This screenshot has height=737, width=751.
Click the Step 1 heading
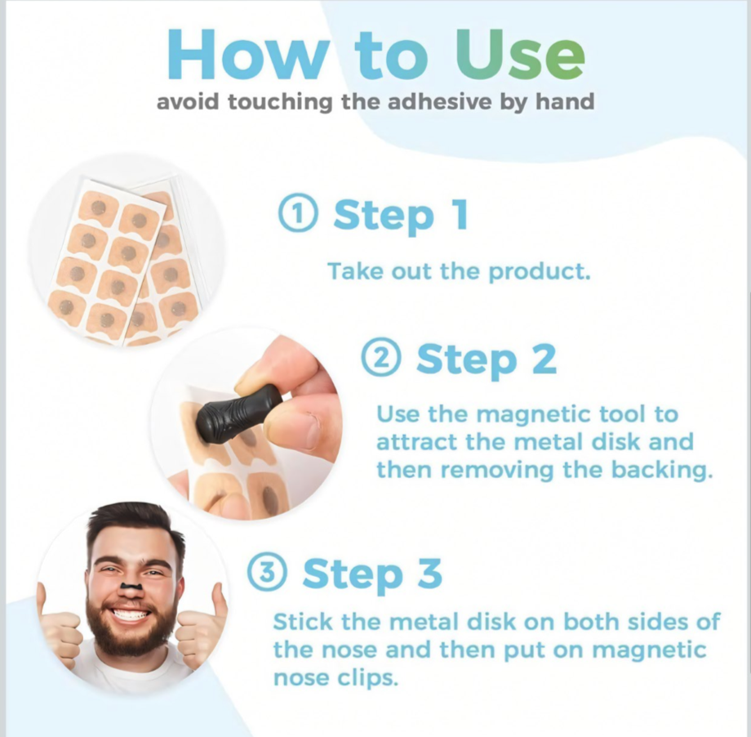click(x=400, y=215)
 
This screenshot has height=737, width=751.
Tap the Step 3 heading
click(x=371, y=574)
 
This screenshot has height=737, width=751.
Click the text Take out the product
click(x=458, y=271)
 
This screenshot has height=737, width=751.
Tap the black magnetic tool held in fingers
click(x=242, y=413)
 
